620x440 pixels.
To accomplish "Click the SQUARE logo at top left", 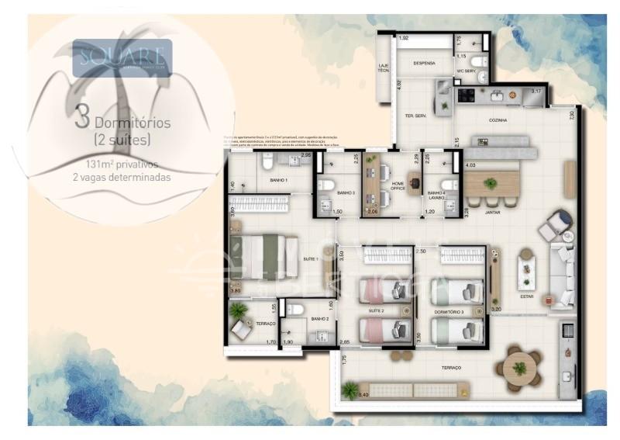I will [x=122, y=57].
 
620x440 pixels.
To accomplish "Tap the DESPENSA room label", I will [x=424, y=63].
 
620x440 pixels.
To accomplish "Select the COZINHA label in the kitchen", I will [x=498, y=120].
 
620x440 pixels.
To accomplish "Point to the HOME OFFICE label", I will [x=398, y=186].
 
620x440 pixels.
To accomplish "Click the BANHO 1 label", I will [x=279, y=180].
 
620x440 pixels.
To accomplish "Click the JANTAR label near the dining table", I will [x=492, y=211].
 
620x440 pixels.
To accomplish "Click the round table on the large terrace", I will [x=519, y=367].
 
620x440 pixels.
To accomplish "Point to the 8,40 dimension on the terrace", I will [x=362, y=396].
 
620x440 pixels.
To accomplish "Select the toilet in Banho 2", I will [x=294, y=310].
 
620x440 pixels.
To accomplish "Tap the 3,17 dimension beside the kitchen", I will [x=536, y=92].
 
